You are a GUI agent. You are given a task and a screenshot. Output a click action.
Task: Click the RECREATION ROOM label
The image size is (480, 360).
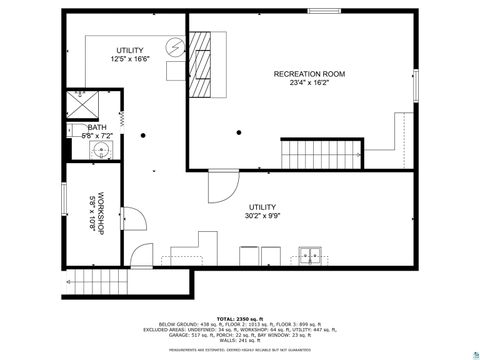tap(310, 74)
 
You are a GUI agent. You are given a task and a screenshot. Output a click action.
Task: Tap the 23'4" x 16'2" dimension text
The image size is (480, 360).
tap(310, 84)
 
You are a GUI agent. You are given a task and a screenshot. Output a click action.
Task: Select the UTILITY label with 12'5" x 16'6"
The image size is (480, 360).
tap(129, 50)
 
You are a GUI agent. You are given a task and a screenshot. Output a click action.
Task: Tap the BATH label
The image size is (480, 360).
tap(97, 128)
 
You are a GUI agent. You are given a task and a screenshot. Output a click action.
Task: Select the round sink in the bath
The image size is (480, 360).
tap(100, 152)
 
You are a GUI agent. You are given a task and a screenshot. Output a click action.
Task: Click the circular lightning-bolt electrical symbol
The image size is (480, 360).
tap(174, 48)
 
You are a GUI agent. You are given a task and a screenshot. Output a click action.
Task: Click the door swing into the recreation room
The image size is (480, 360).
tap(223, 186)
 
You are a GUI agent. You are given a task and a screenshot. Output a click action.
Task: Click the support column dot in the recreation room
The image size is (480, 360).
tap(240, 133)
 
